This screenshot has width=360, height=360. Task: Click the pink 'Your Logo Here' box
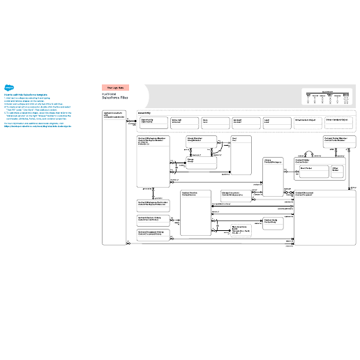[115, 87]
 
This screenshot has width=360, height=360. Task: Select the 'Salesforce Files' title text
[115, 98]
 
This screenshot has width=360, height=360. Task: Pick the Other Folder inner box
[338, 171]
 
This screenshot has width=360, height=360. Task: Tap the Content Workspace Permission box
[153, 203]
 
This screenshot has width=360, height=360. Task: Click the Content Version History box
[153, 219]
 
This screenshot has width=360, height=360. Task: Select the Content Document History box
[153, 234]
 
